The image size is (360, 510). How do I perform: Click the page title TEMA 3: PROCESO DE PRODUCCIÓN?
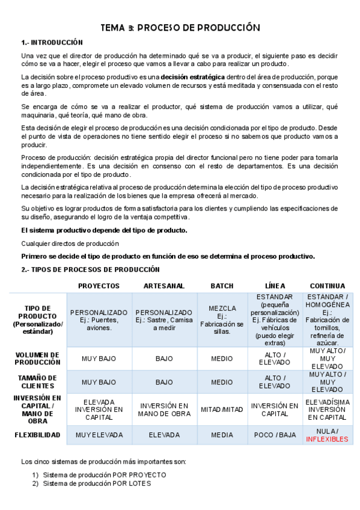(x=180, y=28)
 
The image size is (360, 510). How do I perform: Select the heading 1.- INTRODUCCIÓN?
(x=52, y=43)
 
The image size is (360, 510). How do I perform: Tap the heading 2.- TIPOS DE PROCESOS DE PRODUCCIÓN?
(x=90, y=269)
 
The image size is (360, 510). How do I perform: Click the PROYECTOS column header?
(x=99, y=286)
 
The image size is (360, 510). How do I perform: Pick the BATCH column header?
(x=222, y=286)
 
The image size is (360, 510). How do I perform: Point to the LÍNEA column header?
(x=274, y=286)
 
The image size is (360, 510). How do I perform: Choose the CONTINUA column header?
(x=327, y=286)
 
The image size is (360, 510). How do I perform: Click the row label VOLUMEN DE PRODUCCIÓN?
(x=38, y=358)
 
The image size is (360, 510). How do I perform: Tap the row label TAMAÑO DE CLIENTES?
(x=38, y=382)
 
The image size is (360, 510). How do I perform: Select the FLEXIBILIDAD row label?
(x=38, y=435)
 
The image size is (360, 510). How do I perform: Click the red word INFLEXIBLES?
(x=327, y=439)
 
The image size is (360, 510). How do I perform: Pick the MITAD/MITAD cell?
(x=222, y=410)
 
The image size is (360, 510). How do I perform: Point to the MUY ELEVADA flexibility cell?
(x=99, y=435)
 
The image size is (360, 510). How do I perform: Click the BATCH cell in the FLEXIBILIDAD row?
(x=222, y=435)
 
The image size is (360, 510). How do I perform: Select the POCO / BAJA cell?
(x=274, y=435)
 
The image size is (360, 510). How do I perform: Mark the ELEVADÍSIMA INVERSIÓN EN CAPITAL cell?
(x=327, y=409)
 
